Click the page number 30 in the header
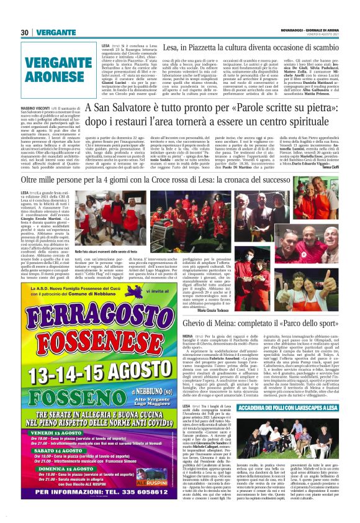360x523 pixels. (25, 32)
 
